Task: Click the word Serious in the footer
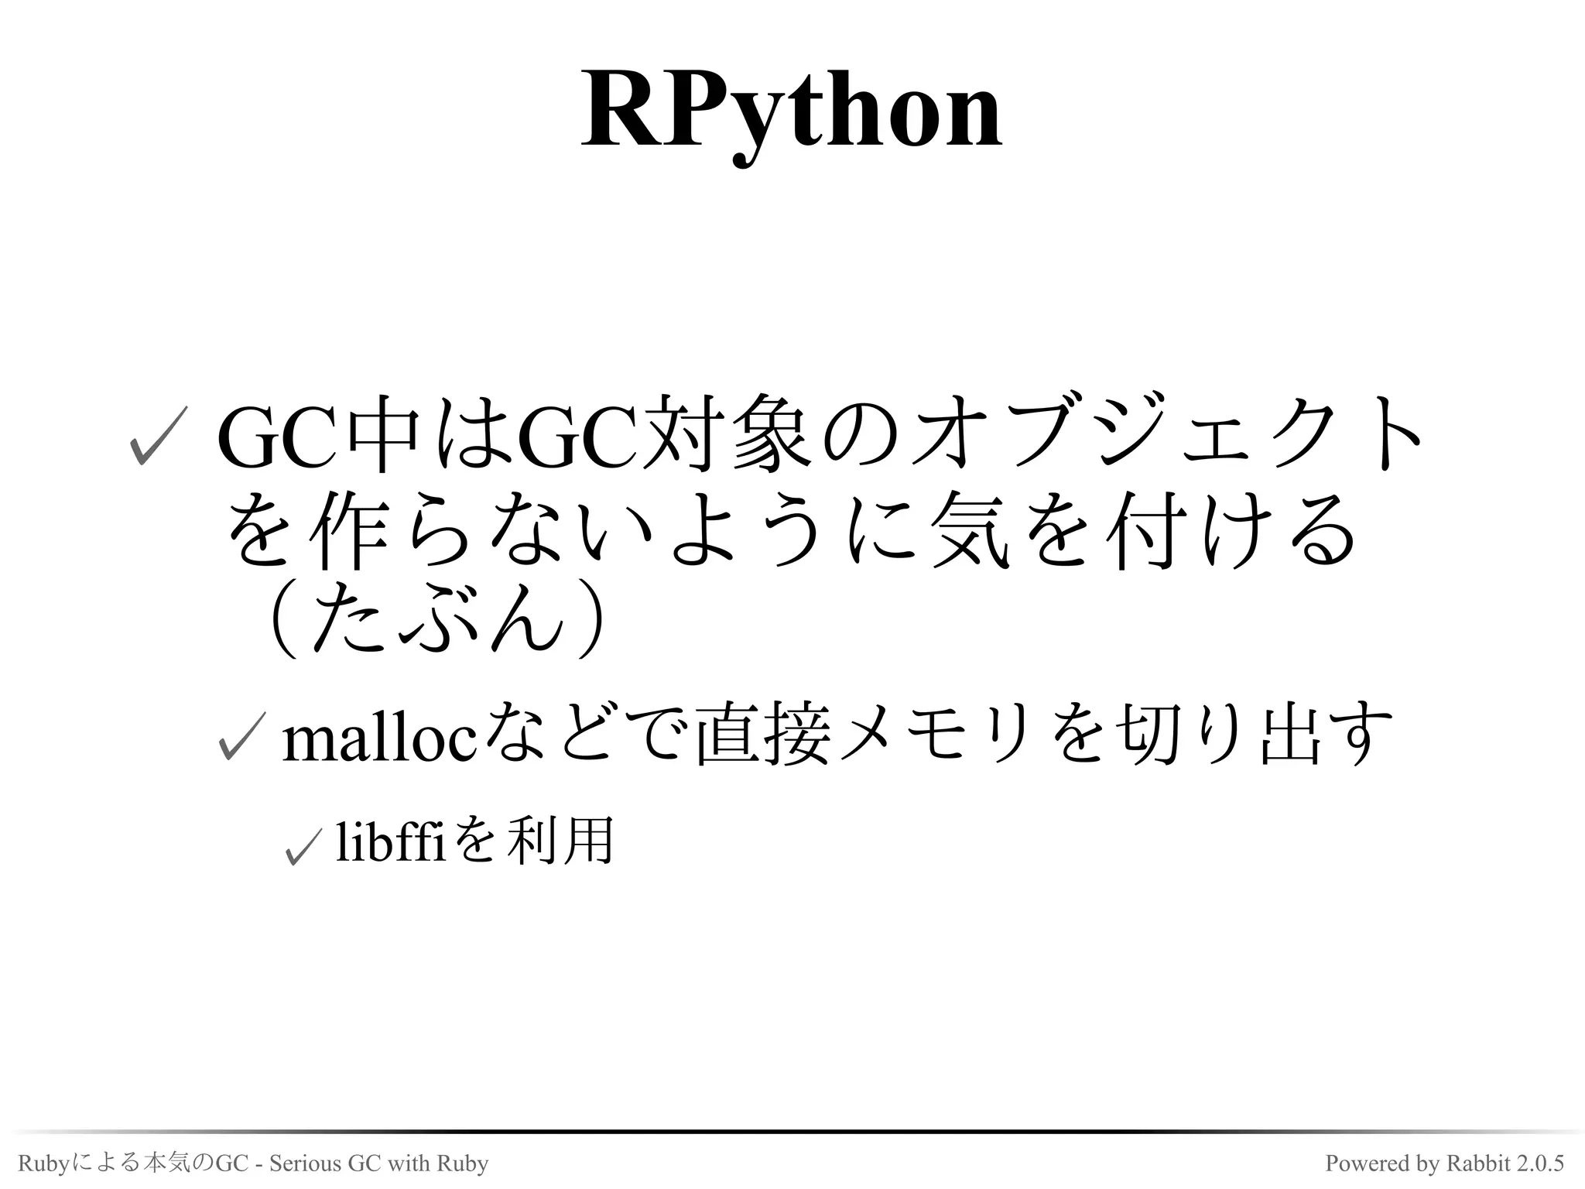tap(306, 1163)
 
